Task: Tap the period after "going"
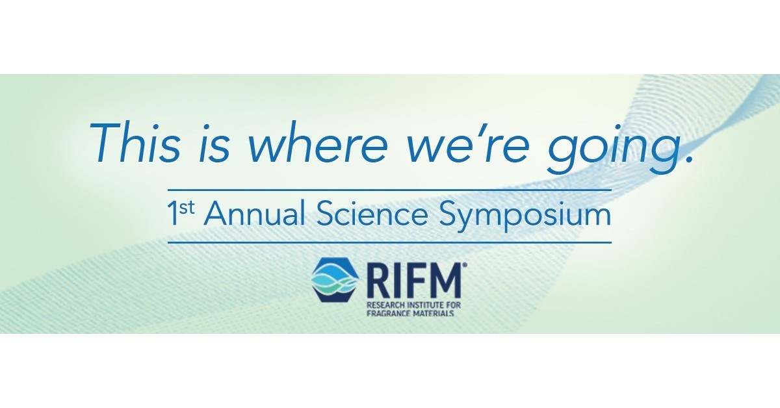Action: click(x=683, y=160)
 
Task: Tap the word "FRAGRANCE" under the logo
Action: click(x=387, y=312)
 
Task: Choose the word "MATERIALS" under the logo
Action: click(x=434, y=312)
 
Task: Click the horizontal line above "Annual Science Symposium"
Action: click(x=390, y=190)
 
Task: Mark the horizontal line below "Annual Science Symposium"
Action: click(x=390, y=242)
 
